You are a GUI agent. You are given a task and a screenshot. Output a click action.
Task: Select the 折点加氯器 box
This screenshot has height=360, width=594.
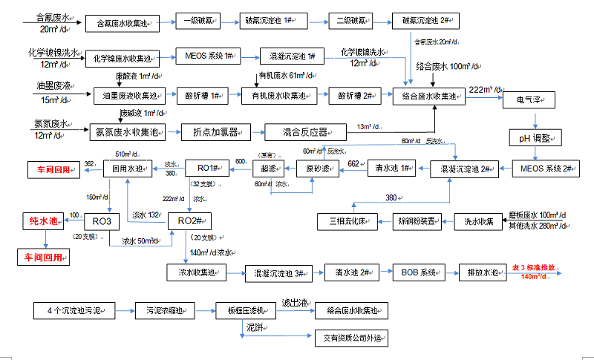pyautogui.click(x=215, y=132)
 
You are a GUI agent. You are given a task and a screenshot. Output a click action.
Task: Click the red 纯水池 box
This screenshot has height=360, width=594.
pyautogui.click(x=45, y=222)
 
